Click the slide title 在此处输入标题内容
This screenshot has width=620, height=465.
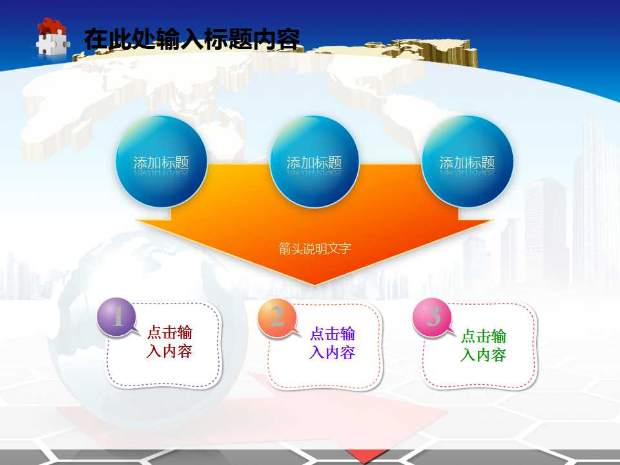coord(192,39)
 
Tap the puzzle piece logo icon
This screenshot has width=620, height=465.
coord(52,37)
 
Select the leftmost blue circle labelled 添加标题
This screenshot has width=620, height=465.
coord(161,162)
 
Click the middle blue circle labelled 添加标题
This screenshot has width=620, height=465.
coord(314,162)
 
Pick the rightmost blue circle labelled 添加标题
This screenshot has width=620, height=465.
coord(467,162)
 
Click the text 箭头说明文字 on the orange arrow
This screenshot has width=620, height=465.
coord(315,248)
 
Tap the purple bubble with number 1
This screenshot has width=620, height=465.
coord(117,317)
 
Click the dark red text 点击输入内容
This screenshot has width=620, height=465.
coord(170,342)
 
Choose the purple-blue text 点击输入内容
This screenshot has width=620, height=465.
coord(332,343)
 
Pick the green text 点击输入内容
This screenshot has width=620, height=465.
coord(483,346)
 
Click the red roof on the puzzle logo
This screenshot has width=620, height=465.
coord(52,26)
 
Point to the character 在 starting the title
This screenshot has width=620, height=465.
coord(94,39)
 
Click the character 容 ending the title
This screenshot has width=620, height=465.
coord(289,39)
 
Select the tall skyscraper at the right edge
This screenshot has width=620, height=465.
coord(594,194)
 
